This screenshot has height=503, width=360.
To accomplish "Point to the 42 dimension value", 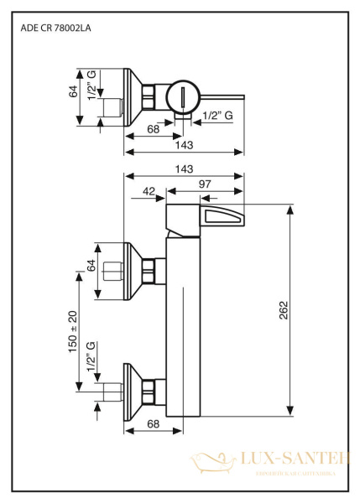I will (149, 192).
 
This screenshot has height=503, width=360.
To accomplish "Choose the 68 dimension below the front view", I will (154, 424).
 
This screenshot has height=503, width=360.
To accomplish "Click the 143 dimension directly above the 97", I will (183, 169).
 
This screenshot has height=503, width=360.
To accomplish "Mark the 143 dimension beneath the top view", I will (183, 145).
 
